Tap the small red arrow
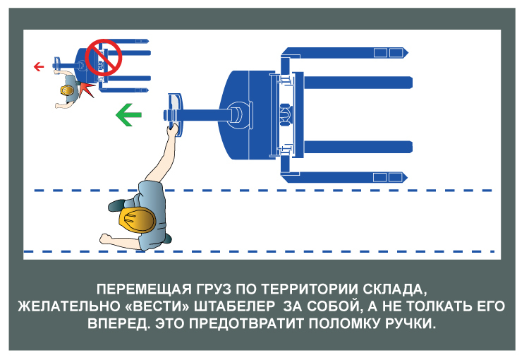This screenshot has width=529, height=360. tap(39, 67)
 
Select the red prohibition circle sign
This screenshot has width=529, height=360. tap(104, 57)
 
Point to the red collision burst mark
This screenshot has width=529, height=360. tap(87, 89)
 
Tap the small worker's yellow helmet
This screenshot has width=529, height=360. tap(67, 91)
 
